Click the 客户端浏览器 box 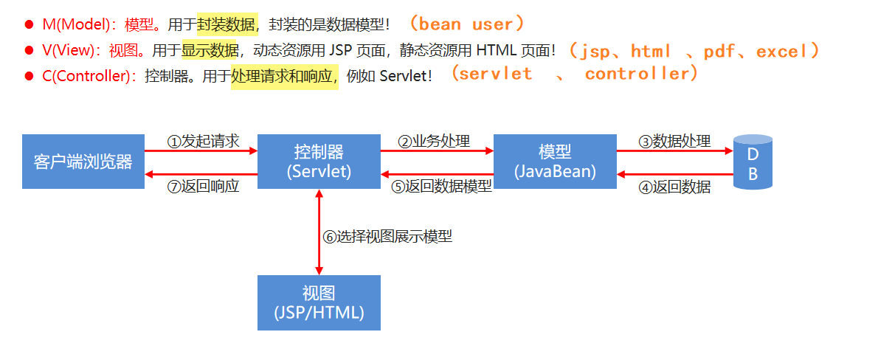[x=83, y=162]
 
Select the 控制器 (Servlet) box [x=319, y=162]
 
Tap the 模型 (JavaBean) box [x=555, y=162]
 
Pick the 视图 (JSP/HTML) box [x=319, y=302]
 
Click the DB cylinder [x=753, y=163]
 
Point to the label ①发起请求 [x=203, y=141]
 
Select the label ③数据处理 [x=674, y=141]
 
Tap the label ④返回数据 [x=674, y=187]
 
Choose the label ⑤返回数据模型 [x=441, y=187]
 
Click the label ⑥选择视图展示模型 [x=387, y=237]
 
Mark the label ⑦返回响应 [x=203, y=187]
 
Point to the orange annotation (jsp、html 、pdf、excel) [x=694, y=51]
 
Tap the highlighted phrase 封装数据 [x=227, y=24]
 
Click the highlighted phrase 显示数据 [x=210, y=50]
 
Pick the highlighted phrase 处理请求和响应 [x=284, y=75]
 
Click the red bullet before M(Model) [x=30, y=25]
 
